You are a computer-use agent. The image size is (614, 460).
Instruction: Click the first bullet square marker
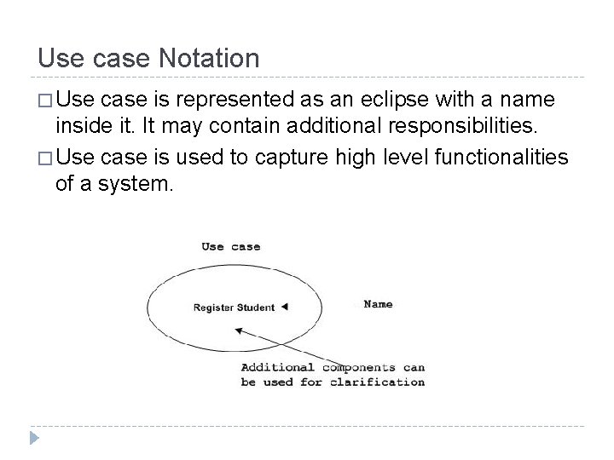(44, 102)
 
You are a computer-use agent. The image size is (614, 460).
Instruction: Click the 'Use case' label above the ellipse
(230, 247)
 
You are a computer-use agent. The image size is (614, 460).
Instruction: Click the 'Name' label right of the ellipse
(378, 303)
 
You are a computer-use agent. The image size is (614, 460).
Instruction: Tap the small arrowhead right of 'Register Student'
(284, 307)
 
